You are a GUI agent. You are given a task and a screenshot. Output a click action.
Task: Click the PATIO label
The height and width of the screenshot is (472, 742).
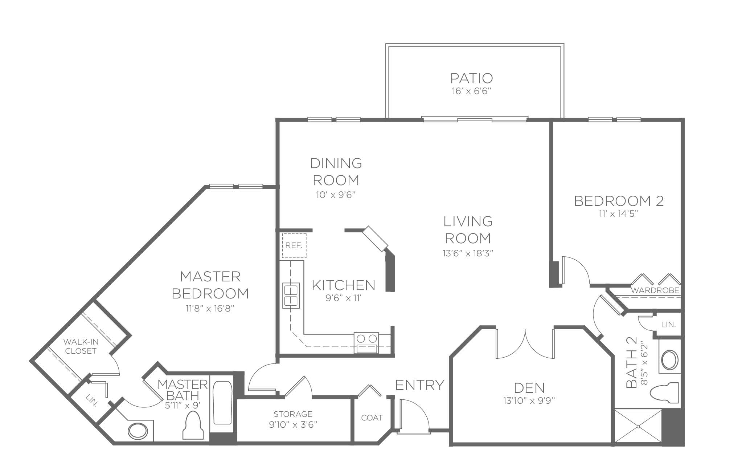coord(472,78)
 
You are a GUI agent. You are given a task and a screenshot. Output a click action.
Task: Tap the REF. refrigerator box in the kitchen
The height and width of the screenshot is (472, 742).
coord(294,245)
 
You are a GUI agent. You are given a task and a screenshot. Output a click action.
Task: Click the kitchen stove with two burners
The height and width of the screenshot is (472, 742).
coord(366,342)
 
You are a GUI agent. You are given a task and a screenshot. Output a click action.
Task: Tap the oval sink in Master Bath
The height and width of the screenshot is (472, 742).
coord(138,431)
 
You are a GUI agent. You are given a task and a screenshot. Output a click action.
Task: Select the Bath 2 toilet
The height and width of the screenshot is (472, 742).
coord(664,392)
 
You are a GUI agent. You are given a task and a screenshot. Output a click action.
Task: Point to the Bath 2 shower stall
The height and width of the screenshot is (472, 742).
coord(638,427)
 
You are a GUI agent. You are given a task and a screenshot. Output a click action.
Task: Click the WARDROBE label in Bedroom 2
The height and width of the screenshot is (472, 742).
coord(655,290)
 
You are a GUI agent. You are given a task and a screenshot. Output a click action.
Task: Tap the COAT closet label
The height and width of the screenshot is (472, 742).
coord(372,418)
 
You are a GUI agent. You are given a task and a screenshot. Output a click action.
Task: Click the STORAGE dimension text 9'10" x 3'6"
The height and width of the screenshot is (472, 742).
coord(293,424)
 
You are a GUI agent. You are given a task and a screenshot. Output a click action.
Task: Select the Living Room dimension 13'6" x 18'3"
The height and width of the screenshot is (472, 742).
coord(468,253)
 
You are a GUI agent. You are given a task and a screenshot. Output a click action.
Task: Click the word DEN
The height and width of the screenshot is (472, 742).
coord(529,388)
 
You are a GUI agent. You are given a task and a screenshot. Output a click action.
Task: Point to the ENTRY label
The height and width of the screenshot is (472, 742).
coord(420,384)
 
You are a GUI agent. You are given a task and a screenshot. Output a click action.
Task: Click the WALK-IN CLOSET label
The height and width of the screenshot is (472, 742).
coord(81,346)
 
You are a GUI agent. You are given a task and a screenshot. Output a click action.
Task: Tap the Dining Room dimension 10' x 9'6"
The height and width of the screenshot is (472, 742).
coord(335,195)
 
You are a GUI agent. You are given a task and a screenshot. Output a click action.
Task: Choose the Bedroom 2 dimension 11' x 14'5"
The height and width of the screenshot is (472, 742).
coord(619,214)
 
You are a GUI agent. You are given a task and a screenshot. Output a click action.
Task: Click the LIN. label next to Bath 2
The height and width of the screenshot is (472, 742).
coord(668,325)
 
